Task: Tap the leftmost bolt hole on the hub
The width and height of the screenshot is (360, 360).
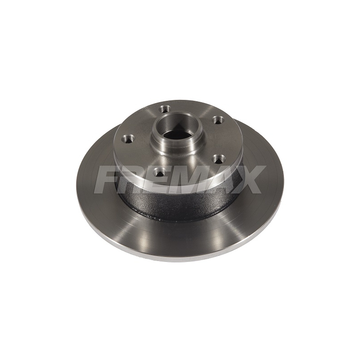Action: [x=128, y=138]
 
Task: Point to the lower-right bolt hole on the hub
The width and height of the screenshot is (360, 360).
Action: [x=218, y=158]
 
